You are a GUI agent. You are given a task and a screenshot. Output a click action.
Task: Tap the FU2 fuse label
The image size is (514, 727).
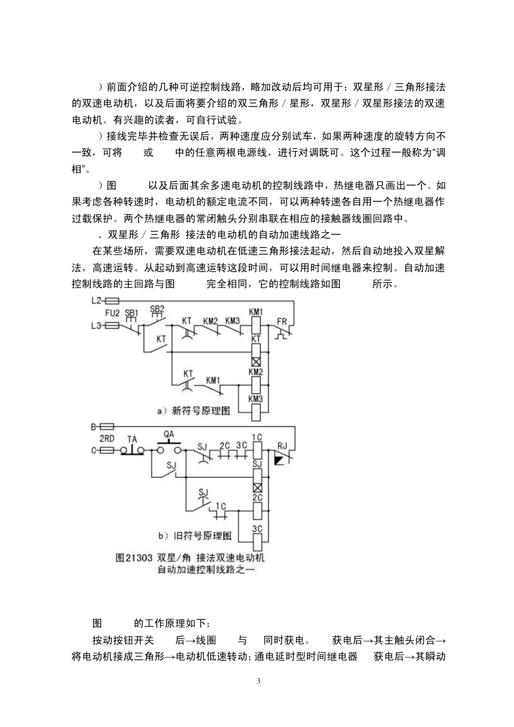pos(112,313)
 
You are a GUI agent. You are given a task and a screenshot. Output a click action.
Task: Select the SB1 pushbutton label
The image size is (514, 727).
pos(131,313)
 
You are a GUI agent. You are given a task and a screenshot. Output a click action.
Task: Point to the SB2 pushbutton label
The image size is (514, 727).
pos(157,309)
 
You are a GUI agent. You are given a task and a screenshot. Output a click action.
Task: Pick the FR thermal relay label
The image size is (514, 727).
pos(282,321)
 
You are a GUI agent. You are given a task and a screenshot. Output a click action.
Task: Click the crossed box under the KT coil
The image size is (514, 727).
pos(256,362)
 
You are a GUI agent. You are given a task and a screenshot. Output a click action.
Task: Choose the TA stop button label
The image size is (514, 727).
pos(132,439)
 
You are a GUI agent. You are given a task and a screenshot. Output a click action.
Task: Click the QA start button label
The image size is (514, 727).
pos(169,434)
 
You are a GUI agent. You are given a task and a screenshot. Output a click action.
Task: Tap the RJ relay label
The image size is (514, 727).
pos(282,446)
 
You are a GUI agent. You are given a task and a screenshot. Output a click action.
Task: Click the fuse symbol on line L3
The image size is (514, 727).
pos(112,326)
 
